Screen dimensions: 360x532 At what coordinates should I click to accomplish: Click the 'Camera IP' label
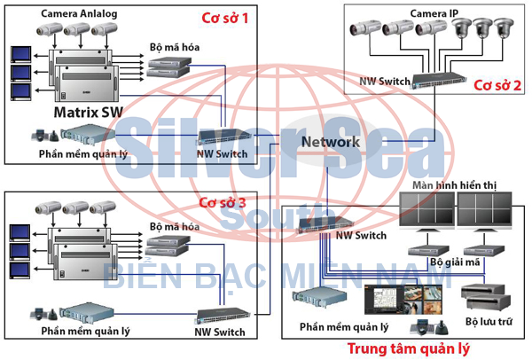pyautogui.click(x=434, y=14)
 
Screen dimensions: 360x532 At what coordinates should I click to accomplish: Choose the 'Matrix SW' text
pyautogui.click(x=87, y=113)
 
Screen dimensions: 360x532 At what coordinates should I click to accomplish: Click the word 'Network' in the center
pyautogui.click(x=330, y=142)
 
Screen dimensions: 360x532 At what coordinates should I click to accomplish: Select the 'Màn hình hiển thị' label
pyautogui.click(x=455, y=184)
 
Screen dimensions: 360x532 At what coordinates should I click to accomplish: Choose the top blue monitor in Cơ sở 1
pyautogui.click(x=20, y=51)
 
